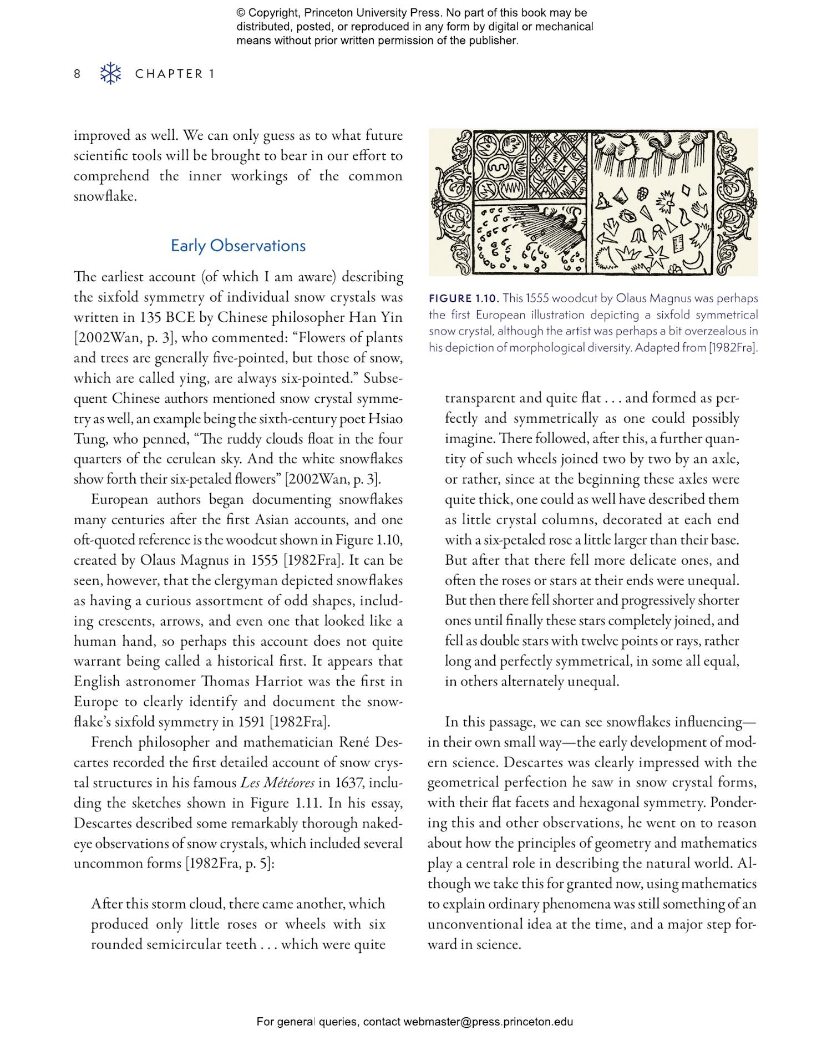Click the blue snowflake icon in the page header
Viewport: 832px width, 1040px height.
(x=110, y=74)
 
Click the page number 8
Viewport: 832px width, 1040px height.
(x=77, y=74)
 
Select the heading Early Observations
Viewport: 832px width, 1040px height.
(x=238, y=246)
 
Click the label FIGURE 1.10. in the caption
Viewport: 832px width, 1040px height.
(x=464, y=298)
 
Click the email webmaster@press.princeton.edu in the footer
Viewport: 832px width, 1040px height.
(x=488, y=1022)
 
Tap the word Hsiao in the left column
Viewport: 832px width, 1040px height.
(x=384, y=419)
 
